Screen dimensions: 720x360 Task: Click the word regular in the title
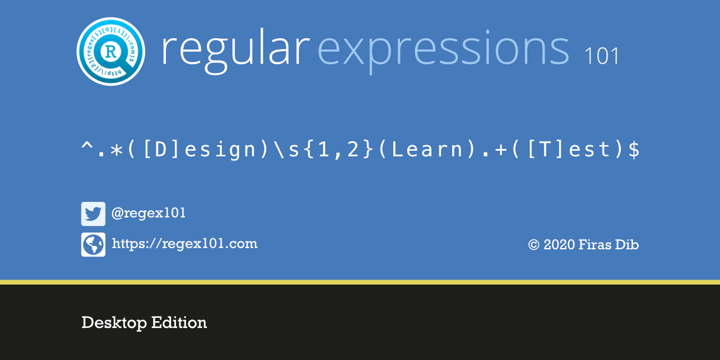(235, 51)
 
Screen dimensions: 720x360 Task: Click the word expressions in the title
(443, 51)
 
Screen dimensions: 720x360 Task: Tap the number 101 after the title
(601, 56)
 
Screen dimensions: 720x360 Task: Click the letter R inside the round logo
(111, 52)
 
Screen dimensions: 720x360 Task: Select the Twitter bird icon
(93, 214)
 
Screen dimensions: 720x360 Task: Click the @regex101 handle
(148, 213)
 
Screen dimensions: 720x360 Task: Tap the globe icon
(93, 245)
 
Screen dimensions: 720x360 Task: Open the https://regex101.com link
(184, 244)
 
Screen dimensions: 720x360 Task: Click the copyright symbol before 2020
(534, 245)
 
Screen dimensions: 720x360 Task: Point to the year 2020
(559, 245)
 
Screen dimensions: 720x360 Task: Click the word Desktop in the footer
(114, 323)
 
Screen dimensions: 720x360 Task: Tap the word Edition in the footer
(179, 322)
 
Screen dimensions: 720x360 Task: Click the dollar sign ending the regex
(634, 150)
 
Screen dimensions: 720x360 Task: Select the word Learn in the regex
(427, 150)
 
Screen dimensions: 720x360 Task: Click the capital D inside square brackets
(161, 150)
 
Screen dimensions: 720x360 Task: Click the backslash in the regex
(280, 150)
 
